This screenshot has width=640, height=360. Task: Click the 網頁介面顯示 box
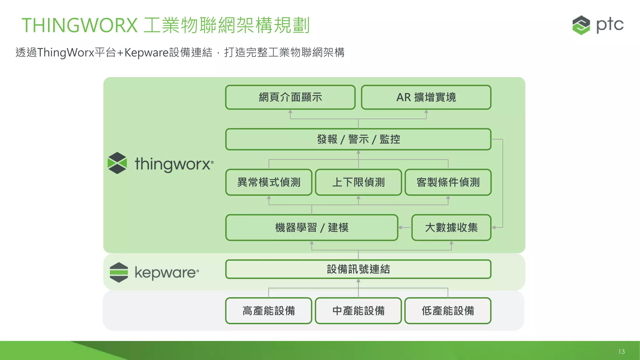pyautogui.click(x=290, y=97)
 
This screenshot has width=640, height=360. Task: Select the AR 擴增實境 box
pyautogui.click(x=426, y=97)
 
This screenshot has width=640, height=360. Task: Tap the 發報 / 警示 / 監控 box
pyautogui.click(x=358, y=139)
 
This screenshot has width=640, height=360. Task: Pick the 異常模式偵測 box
pyautogui.click(x=269, y=182)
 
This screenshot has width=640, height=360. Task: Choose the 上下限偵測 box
pyautogui.click(x=358, y=182)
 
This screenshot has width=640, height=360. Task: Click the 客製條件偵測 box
pyautogui.click(x=448, y=182)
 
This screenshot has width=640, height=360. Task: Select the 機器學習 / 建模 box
pyautogui.click(x=312, y=227)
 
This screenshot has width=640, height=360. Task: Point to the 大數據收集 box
pyautogui.click(x=451, y=227)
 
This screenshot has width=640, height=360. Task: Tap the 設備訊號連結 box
pyautogui.click(x=358, y=269)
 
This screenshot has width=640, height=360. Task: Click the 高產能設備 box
pyautogui.click(x=269, y=311)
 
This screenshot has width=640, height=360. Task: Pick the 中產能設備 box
pyautogui.click(x=358, y=311)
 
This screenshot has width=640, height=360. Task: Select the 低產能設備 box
pyautogui.click(x=448, y=311)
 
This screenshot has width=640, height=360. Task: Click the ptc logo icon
pyautogui.click(x=581, y=25)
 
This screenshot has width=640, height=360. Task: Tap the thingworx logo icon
pyautogui.click(x=117, y=163)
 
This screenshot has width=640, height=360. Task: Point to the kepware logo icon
pyautogui.click(x=119, y=272)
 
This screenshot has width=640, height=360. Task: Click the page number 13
pyautogui.click(x=621, y=352)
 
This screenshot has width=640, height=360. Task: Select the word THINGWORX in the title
pyautogui.click(x=79, y=25)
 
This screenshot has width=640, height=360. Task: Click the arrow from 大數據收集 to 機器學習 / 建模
pyautogui.click(x=405, y=227)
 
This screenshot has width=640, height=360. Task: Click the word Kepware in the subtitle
pyautogui.click(x=147, y=52)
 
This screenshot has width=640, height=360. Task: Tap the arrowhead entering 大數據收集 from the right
pyautogui.click(x=494, y=227)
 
